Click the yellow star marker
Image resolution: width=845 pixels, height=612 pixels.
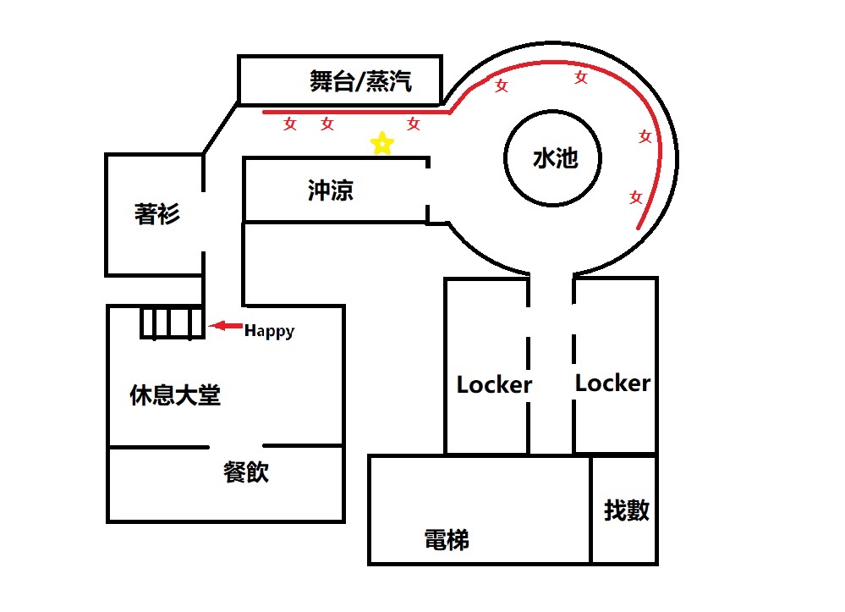tap(382, 144)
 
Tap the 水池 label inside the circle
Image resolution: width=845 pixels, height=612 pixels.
tap(555, 158)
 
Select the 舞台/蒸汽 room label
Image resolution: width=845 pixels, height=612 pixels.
tap(360, 82)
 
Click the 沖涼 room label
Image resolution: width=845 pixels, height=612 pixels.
tap(330, 190)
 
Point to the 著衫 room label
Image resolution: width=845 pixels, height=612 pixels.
tap(156, 214)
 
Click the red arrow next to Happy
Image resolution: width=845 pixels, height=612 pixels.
tap(224, 326)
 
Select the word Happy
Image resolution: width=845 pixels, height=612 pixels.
tap(269, 331)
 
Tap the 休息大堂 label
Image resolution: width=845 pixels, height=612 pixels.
tap(175, 395)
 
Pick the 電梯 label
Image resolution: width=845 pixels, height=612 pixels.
tap(446, 539)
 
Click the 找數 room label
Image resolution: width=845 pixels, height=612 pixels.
tap(626, 510)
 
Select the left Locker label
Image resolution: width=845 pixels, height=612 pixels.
tap(494, 385)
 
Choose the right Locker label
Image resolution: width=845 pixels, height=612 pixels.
tap(612, 383)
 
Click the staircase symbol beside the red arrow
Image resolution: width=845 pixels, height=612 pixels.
tap(173, 323)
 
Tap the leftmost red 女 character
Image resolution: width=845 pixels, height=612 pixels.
tap(290, 124)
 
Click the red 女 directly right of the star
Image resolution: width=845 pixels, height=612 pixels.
tap(414, 124)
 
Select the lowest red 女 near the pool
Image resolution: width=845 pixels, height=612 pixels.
tap(635, 197)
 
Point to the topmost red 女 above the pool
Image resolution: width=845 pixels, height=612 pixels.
tap(581, 77)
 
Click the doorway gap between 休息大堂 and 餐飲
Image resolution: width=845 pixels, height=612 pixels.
tap(237, 446)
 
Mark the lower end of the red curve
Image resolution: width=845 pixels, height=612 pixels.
tap(638, 229)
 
